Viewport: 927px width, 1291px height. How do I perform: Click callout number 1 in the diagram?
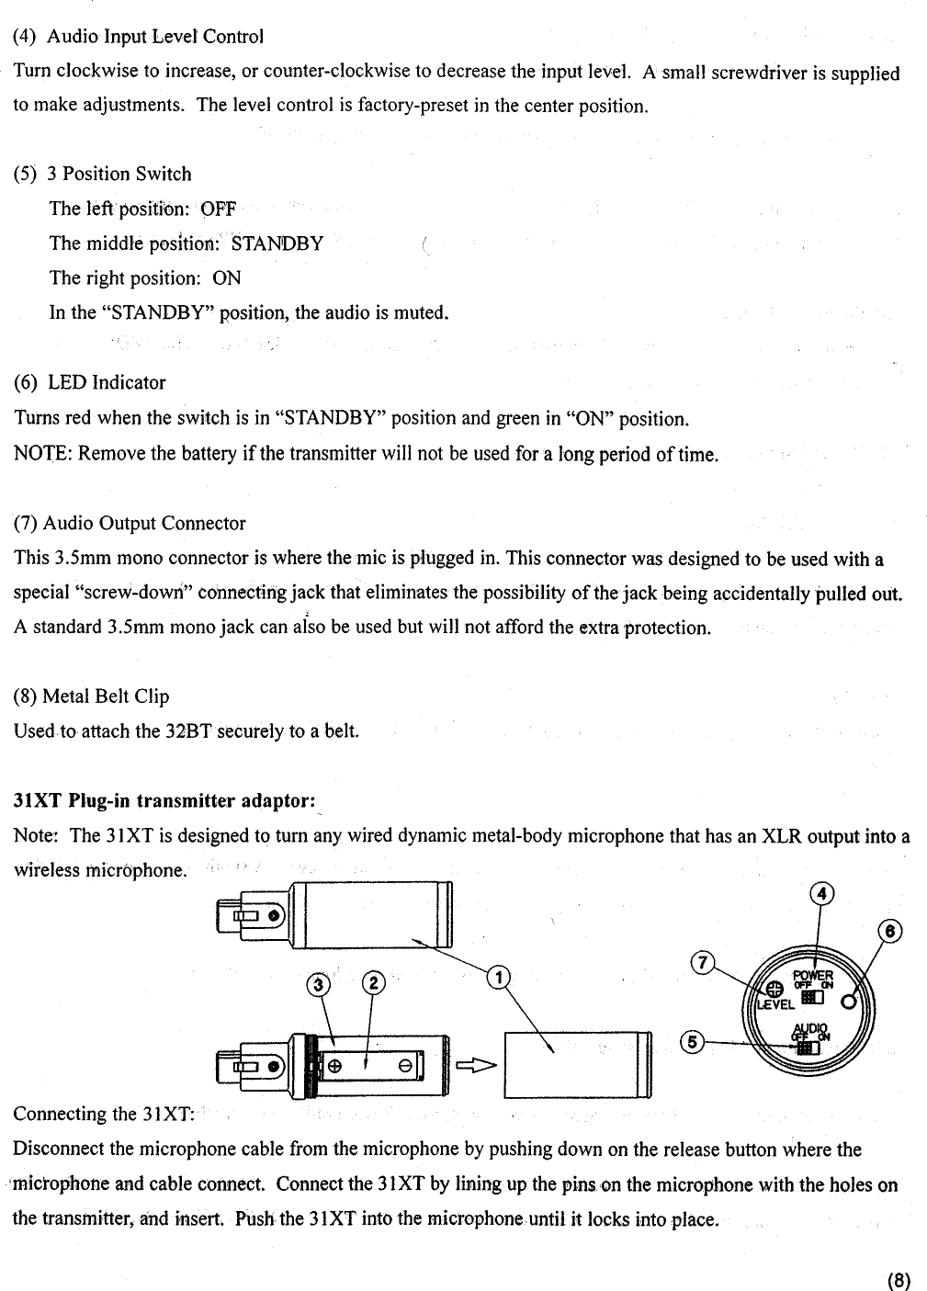(x=496, y=977)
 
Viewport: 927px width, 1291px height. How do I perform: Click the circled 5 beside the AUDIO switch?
(x=692, y=1042)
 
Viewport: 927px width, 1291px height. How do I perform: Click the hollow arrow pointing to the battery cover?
(x=476, y=1066)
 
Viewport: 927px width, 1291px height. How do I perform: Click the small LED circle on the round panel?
(x=847, y=1002)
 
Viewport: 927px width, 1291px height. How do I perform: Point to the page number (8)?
(x=899, y=1280)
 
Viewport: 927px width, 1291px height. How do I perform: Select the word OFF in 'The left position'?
(x=219, y=210)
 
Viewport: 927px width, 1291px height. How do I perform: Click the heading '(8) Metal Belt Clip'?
(x=92, y=696)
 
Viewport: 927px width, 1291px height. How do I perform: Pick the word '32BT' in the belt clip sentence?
(x=188, y=731)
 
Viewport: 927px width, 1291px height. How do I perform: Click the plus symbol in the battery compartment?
(x=335, y=1066)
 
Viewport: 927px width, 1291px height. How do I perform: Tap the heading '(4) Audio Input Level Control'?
(x=138, y=37)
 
